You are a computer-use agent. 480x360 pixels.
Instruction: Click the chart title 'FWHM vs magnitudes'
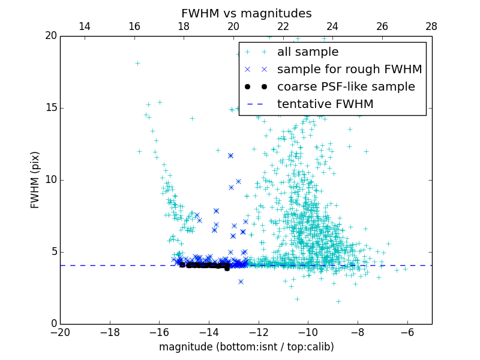click(246, 13)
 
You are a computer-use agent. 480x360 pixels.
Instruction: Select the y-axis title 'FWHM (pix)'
click(35, 180)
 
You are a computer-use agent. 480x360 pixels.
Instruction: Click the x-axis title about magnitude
click(246, 347)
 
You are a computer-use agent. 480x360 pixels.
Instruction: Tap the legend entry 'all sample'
click(308, 52)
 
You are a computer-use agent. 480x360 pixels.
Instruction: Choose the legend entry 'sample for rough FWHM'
click(349, 70)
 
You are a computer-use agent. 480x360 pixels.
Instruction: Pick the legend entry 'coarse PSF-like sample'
click(345, 87)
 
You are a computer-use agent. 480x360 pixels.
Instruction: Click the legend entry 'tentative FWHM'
click(325, 104)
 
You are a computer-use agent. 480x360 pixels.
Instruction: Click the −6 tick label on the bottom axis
click(407, 332)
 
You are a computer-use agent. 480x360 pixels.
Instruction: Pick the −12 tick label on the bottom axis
click(259, 332)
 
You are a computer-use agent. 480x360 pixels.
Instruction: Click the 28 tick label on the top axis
click(431, 27)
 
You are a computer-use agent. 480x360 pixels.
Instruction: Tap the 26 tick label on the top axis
click(382, 27)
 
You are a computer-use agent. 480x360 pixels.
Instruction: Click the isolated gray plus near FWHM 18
click(137, 63)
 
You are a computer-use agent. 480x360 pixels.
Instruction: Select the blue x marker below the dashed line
click(241, 281)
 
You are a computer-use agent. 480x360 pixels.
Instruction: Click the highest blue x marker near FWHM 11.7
click(230, 155)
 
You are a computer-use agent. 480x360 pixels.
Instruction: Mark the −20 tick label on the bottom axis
click(60, 332)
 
